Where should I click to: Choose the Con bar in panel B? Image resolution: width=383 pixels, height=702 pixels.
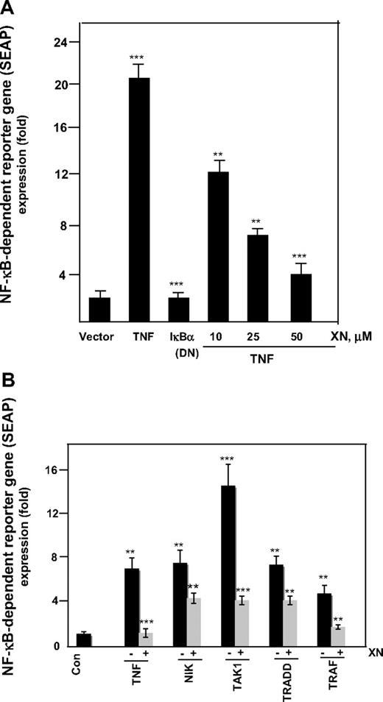[x=84, y=640]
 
